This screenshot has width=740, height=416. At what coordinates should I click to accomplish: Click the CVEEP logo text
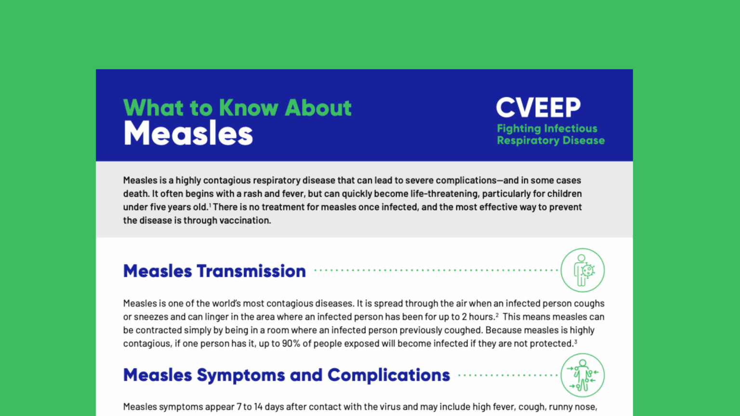point(538,107)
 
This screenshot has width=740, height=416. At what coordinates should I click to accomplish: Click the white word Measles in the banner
point(188,133)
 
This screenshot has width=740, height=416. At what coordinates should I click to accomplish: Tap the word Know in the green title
point(248,108)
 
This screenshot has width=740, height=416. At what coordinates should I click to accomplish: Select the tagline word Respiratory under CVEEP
point(528,141)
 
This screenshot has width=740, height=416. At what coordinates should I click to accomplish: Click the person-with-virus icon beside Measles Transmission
point(582,270)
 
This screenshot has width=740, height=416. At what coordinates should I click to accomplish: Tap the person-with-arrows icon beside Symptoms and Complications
point(582,375)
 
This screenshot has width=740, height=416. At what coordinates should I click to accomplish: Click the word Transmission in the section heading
point(251,271)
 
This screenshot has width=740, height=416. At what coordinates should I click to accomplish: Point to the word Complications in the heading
point(388,376)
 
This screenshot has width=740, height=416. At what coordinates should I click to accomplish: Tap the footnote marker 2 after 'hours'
point(497,314)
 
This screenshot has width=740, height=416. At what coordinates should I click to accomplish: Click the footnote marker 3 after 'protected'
point(576,341)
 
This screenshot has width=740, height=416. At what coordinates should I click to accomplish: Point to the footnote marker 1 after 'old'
point(210,205)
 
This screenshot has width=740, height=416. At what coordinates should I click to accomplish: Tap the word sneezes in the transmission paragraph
point(151,317)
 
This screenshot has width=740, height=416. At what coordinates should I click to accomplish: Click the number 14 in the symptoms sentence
point(258,407)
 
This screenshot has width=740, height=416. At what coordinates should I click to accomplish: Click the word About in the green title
point(318,108)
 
